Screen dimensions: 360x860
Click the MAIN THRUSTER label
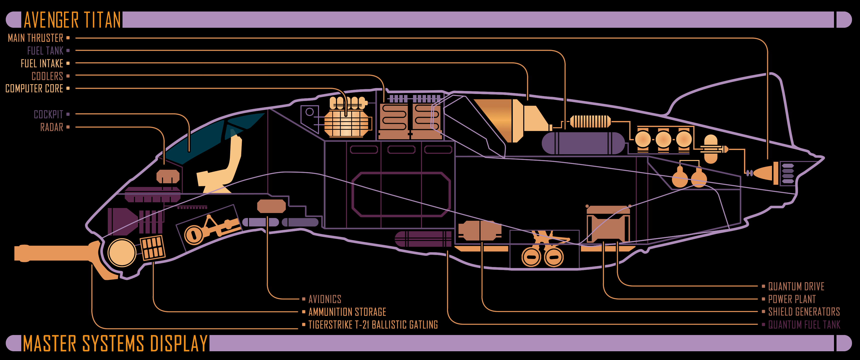[x=35, y=38]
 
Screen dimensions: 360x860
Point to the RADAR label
[x=51, y=127]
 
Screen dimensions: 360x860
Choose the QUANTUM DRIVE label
[x=796, y=286]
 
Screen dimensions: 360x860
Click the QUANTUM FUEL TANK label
[x=804, y=324]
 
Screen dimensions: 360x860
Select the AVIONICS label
[x=324, y=299]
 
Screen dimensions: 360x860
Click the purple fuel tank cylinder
[x=582, y=143]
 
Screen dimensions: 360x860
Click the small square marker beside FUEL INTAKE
[x=68, y=63]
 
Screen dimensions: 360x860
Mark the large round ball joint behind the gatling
[x=122, y=252]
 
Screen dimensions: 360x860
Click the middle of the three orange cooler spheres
[x=663, y=139]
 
